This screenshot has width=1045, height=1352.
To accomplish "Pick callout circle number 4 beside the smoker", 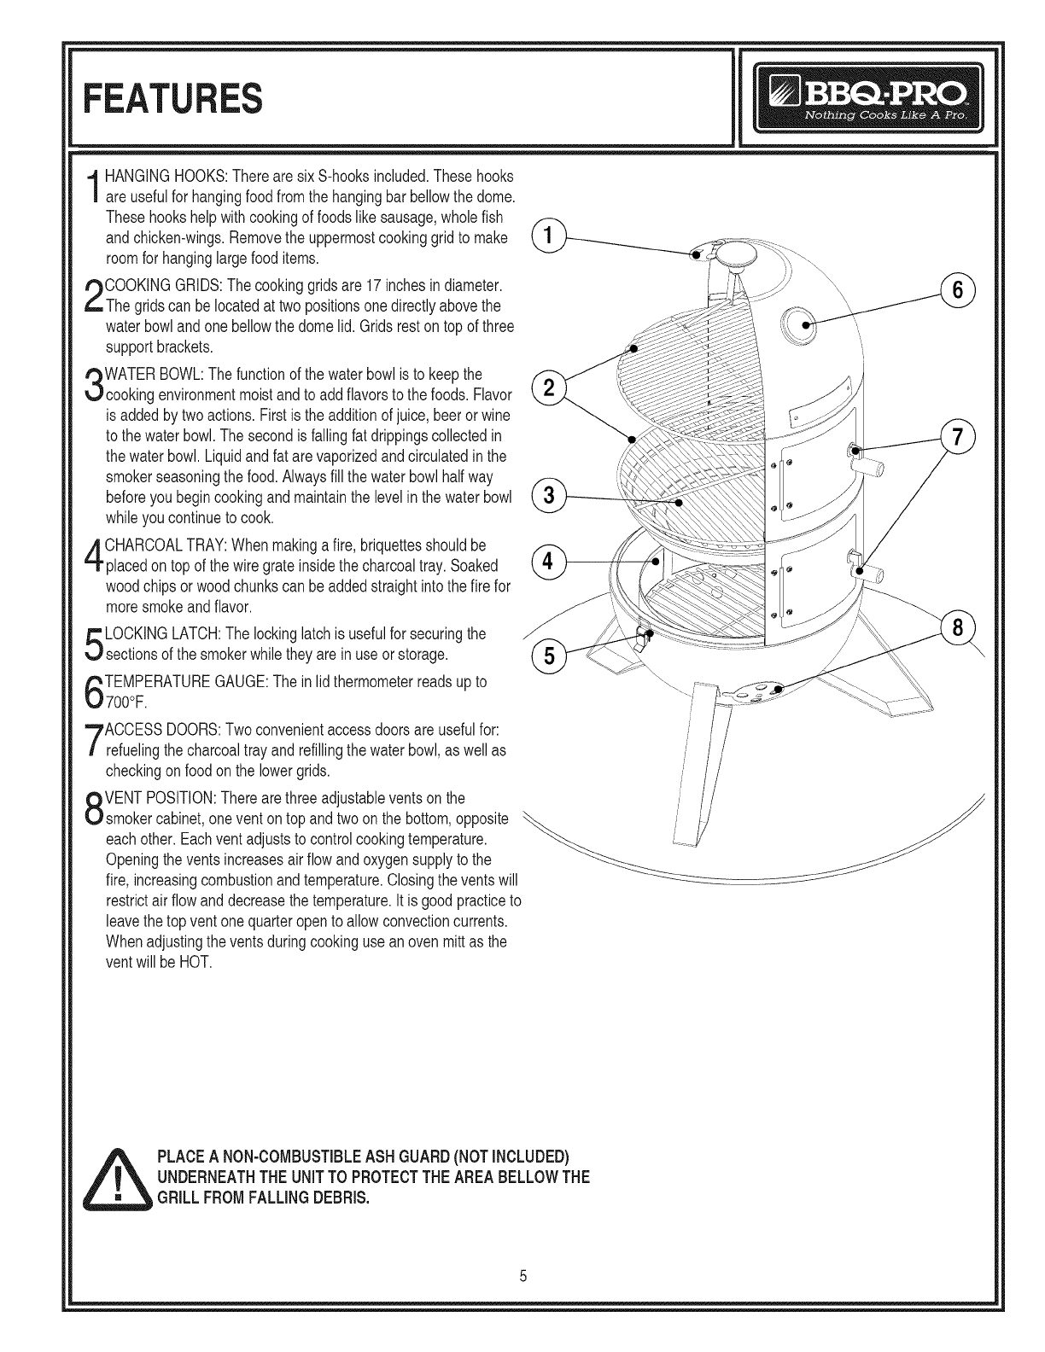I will (548, 562).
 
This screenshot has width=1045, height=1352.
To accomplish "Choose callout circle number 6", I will (957, 290).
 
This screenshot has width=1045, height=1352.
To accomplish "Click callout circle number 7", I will (957, 436).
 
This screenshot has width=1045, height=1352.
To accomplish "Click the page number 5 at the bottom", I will (523, 1279).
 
